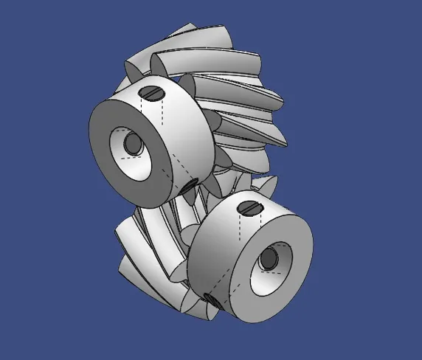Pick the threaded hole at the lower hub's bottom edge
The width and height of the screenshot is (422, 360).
click(x=211, y=300)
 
